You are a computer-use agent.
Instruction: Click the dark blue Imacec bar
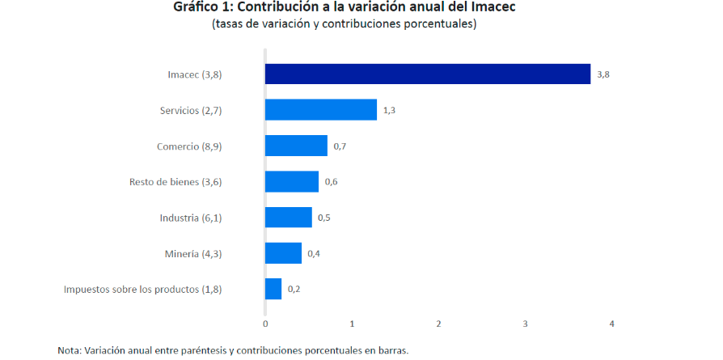pyautogui.click(x=428, y=74)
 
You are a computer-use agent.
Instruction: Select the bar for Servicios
pyautogui.click(x=321, y=110)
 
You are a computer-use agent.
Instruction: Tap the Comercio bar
pyautogui.click(x=296, y=146)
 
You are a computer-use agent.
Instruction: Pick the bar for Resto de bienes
pyautogui.click(x=292, y=181)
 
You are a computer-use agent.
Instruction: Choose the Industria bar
pyautogui.click(x=289, y=217)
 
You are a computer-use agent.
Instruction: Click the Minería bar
pyautogui.click(x=284, y=253)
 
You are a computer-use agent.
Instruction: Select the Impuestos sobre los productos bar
pyautogui.click(x=273, y=289)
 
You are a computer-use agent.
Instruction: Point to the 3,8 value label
pyautogui.click(x=603, y=74)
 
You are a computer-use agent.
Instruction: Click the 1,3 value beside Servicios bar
pyautogui.click(x=389, y=110)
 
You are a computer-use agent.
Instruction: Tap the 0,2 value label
pyautogui.click(x=294, y=289)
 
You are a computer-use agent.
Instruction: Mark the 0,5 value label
pyautogui.click(x=324, y=218)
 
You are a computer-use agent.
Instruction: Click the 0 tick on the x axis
pyautogui.click(x=265, y=324)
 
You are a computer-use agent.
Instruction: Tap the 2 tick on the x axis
pyautogui.click(x=439, y=324)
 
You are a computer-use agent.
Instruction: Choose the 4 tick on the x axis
pyautogui.click(x=612, y=324)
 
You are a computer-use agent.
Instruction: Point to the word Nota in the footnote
pyautogui.click(x=69, y=350)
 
